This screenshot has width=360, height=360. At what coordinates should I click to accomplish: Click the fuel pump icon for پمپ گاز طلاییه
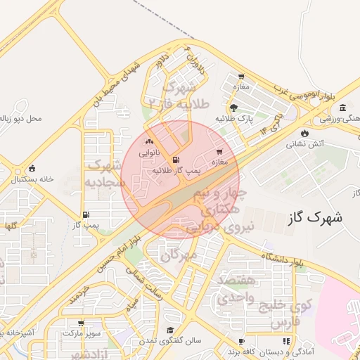click(x=174, y=160)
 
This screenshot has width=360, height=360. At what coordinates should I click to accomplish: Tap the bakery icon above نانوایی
click(x=148, y=142)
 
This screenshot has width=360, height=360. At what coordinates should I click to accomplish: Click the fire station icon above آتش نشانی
click(x=304, y=133)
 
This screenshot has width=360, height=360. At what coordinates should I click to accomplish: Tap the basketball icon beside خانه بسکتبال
click(x=32, y=169)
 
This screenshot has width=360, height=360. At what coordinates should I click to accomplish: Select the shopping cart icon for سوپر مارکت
click(x=81, y=323)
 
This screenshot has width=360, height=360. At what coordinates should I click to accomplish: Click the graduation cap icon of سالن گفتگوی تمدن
click(x=169, y=330)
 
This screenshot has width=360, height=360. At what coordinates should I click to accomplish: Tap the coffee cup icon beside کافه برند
click(x=241, y=342)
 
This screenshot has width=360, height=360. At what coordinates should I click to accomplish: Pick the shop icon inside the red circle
click(x=219, y=151)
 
